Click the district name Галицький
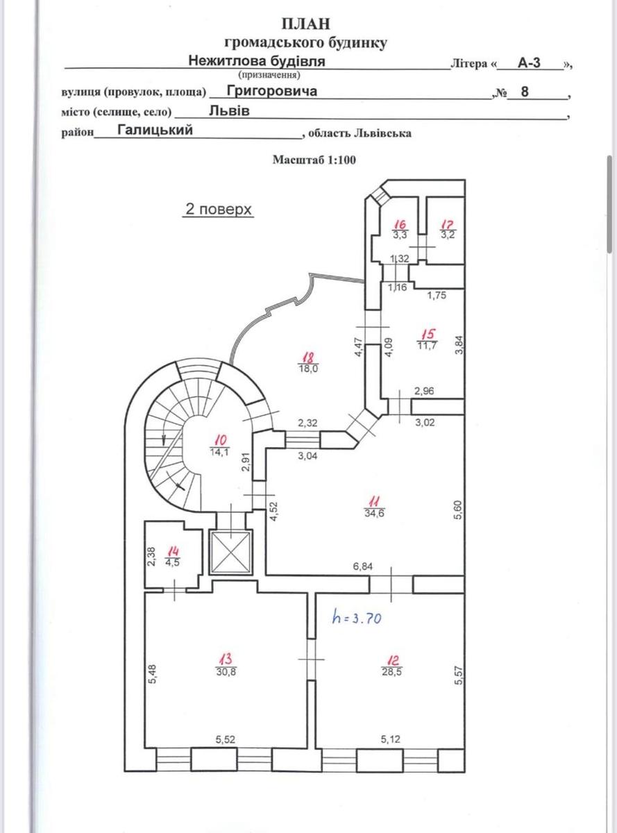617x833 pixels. click(x=154, y=130)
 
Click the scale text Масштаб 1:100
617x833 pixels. click(x=314, y=160)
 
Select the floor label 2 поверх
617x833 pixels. click(x=217, y=208)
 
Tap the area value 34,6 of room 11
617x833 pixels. click(x=373, y=512)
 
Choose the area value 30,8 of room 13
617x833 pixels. click(x=225, y=671)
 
